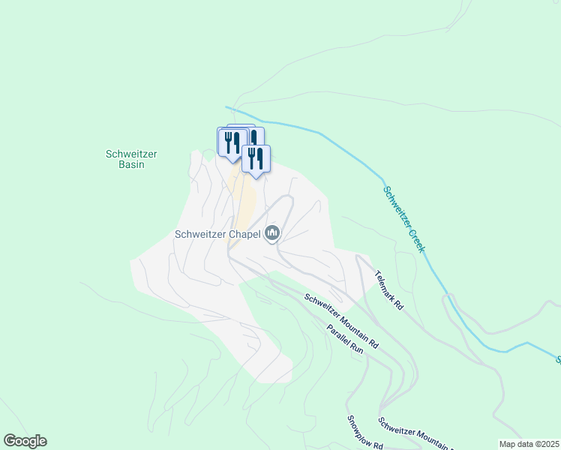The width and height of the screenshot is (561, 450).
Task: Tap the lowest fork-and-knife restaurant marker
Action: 256,159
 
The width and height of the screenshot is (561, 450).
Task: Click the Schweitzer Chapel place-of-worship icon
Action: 271,234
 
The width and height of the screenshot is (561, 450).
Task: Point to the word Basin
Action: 131,164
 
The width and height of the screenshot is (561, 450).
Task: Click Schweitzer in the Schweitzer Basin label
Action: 131,154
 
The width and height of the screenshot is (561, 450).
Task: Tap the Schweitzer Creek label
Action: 406,217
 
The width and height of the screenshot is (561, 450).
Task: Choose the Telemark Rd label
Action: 389,291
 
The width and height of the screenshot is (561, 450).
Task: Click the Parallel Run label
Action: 344,339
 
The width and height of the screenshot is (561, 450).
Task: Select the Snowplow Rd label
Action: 364,433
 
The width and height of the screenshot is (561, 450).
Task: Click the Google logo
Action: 25,441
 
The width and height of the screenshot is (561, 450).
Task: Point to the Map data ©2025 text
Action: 528,444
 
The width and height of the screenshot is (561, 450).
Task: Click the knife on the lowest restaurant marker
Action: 260,157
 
